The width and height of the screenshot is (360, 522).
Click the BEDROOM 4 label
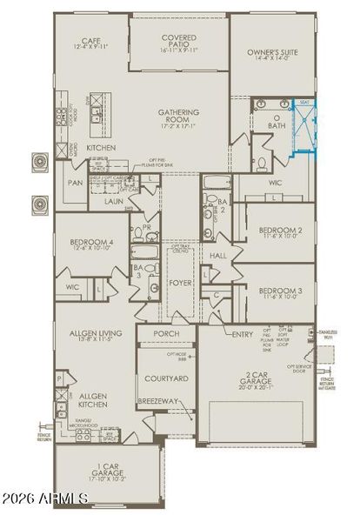(91, 244)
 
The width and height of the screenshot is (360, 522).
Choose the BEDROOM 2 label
(280, 232)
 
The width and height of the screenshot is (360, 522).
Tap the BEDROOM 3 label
(280, 292)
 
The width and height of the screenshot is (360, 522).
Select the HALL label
(217, 256)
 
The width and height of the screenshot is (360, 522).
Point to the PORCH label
(166, 334)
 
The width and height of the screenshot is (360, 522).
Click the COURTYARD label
(165, 378)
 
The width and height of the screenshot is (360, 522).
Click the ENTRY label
(243, 334)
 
